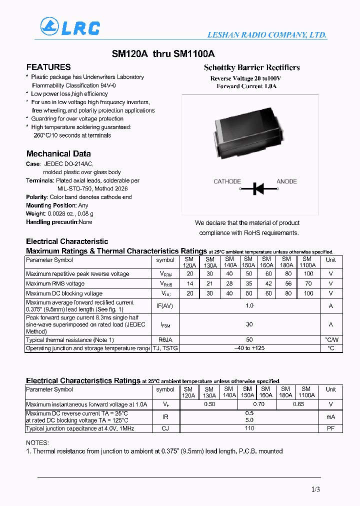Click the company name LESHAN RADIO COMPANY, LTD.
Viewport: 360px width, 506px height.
267,35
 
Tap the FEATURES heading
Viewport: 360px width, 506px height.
48,67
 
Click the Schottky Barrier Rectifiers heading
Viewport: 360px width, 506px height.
251,67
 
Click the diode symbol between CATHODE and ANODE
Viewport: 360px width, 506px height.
258,188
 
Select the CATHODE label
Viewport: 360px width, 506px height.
227,181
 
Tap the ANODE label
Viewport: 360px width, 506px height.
287,181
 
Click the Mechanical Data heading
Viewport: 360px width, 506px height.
58,153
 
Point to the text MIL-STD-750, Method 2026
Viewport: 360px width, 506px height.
85,188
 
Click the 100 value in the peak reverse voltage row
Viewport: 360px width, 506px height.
308,274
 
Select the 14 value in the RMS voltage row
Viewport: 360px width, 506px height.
189,283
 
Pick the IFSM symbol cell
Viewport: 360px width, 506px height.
165,325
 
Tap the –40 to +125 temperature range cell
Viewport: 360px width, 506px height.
249,348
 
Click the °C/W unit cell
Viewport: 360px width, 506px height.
330,339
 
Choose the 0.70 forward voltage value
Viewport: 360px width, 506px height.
258,404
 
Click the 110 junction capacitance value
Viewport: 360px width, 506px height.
249,428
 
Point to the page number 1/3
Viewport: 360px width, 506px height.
315,489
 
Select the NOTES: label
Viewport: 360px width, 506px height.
37,442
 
